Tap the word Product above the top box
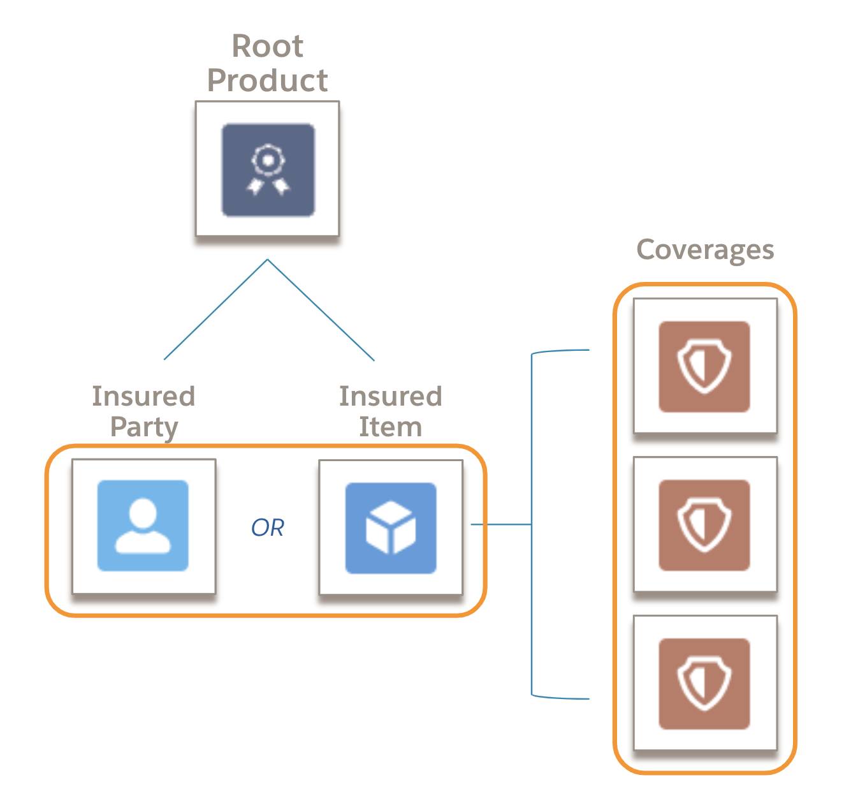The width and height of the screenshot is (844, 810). (x=267, y=81)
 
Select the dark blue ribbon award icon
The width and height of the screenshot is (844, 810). (x=268, y=170)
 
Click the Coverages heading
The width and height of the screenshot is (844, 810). (x=705, y=250)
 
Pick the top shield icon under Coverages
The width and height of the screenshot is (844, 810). (x=704, y=366)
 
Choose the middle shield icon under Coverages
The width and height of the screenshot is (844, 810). (x=704, y=525)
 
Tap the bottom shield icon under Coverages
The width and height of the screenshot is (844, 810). (x=704, y=683)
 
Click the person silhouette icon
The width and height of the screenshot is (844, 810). (x=143, y=526)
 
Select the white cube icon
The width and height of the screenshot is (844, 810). (x=391, y=527)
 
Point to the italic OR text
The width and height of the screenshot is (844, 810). (x=267, y=527)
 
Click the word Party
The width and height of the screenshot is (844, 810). (x=144, y=428)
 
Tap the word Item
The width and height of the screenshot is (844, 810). (x=390, y=427)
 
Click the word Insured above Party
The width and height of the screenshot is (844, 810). (x=143, y=396)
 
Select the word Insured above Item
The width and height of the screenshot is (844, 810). (x=390, y=396)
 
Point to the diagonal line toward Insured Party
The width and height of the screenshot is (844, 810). (x=215, y=309)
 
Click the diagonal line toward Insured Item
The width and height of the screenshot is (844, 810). (x=321, y=310)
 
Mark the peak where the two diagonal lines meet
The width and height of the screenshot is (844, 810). (x=267, y=260)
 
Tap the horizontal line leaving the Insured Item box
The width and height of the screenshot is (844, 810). (x=501, y=524)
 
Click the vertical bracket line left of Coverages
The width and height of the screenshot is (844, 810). (x=532, y=524)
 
